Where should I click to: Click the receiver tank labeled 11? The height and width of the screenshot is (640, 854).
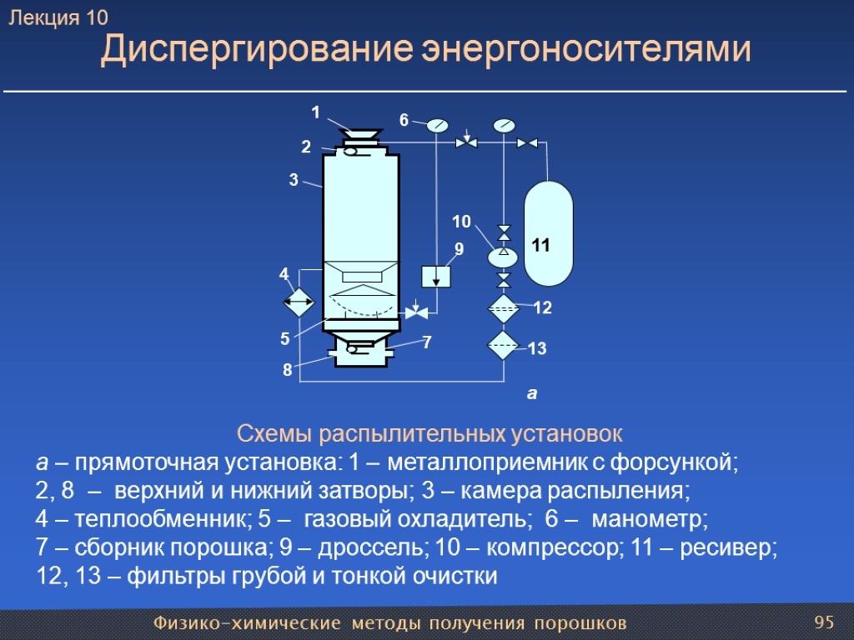tap(548, 233)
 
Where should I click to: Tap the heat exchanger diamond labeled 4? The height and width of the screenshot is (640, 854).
tap(298, 301)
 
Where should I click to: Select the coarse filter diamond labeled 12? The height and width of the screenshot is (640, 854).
tap(504, 308)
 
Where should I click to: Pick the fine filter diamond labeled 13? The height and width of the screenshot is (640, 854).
tap(504, 344)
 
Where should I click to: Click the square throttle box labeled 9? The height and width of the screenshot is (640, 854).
tap(435, 275)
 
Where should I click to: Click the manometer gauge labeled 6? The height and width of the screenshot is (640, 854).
tap(437, 126)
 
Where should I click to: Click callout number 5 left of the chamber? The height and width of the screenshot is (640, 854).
tap(284, 339)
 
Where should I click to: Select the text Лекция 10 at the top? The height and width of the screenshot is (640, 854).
tap(58, 17)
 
